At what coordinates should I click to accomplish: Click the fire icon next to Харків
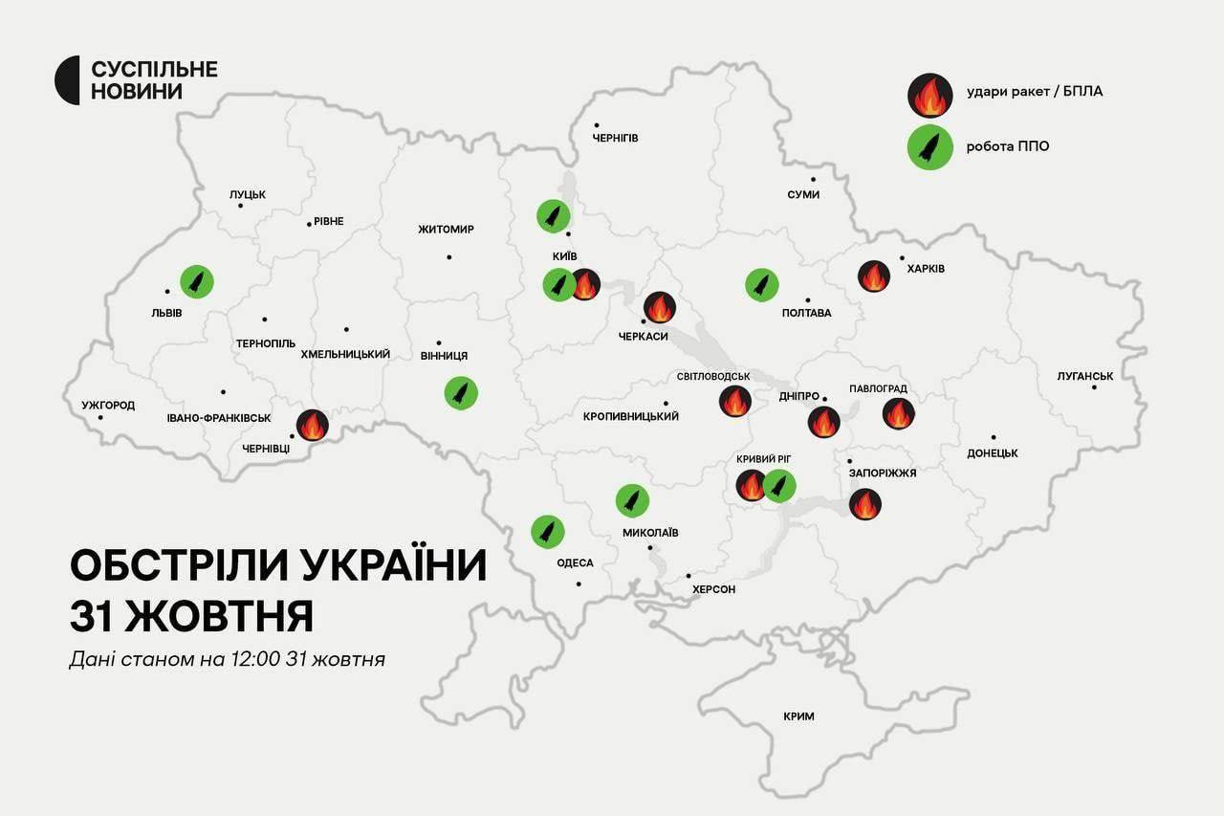click(x=873, y=276)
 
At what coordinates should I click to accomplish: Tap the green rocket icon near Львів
click(x=197, y=281)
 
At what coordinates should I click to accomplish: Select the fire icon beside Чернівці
click(x=313, y=425)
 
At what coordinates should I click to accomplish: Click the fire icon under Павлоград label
click(x=898, y=413)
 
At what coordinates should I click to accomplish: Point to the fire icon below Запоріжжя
click(x=864, y=504)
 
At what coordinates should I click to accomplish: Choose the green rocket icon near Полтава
click(x=762, y=284)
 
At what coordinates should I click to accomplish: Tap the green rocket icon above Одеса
click(x=548, y=531)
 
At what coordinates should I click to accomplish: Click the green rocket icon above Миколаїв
click(x=632, y=499)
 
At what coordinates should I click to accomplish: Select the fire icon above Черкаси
click(x=659, y=307)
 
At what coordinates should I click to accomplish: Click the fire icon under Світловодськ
click(x=734, y=401)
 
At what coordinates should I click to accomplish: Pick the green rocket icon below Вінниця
click(x=461, y=392)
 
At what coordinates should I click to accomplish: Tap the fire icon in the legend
click(x=929, y=95)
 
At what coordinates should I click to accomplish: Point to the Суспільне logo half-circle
click(x=67, y=80)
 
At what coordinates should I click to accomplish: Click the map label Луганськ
click(x=1085, y=376)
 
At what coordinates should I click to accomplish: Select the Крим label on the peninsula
click(x=798, y=716)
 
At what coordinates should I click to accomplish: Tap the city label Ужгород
click(x=108, y=405)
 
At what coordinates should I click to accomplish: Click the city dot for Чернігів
click(x=596, y=125)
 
